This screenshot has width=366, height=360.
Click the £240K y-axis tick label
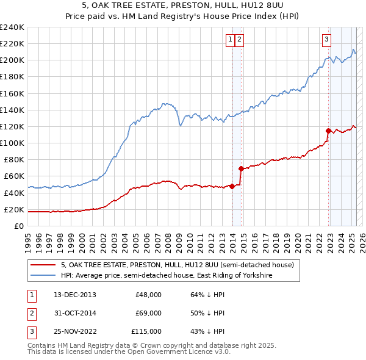coord(12,27)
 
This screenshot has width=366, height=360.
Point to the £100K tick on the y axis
coord(12,143)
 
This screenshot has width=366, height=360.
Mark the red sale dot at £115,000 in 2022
coord(328,131)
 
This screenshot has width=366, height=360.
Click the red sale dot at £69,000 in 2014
coord(241,168)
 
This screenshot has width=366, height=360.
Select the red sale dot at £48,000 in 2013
coord(232,186)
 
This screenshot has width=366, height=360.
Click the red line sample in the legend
coord(42,265)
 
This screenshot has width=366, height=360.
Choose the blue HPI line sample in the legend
coord(42,276)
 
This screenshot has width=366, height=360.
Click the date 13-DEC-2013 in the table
coord(74,295)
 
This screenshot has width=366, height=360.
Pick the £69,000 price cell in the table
coord(148,313)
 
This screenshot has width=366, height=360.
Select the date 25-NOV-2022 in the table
coord(75,331)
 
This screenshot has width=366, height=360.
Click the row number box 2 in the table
coord(30,313)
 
